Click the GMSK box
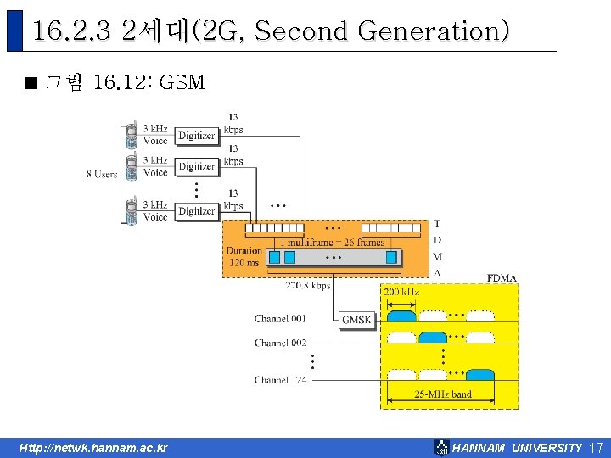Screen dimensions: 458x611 tap(356, 320)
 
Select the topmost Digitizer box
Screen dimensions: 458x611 tap(196, 135)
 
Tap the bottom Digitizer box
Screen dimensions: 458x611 tap(196, 210)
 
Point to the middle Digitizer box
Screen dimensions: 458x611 tap(196, 166)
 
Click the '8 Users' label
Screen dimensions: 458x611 tap(102, 174)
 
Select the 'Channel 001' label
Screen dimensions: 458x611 tap(280, 319)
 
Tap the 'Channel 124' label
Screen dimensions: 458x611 tap(280, 380)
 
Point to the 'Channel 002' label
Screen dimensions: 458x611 tap(280, 343)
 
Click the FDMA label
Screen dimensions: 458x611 tap(502, 277)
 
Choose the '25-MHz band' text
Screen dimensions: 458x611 tap(443, 394)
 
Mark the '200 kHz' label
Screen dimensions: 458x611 tap(401, 292)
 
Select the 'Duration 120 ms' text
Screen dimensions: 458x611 tap(244, 256)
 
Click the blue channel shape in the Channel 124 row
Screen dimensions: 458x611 tap(480, 375)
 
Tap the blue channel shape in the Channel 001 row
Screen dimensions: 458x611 tap(401, 316)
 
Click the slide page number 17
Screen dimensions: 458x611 tap(595, 447)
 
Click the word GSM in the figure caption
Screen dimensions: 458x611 tap(182, 82)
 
